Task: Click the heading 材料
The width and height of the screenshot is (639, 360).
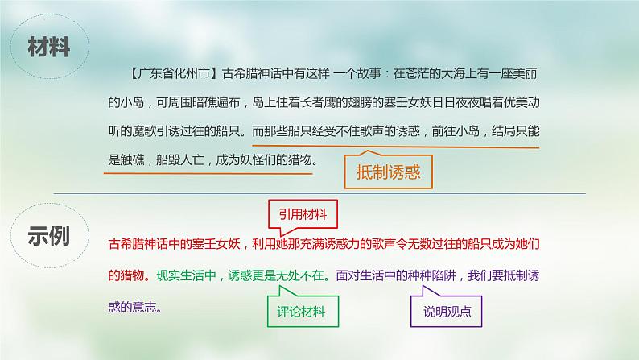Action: (48, 46)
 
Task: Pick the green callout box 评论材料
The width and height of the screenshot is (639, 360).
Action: (302, 310)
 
